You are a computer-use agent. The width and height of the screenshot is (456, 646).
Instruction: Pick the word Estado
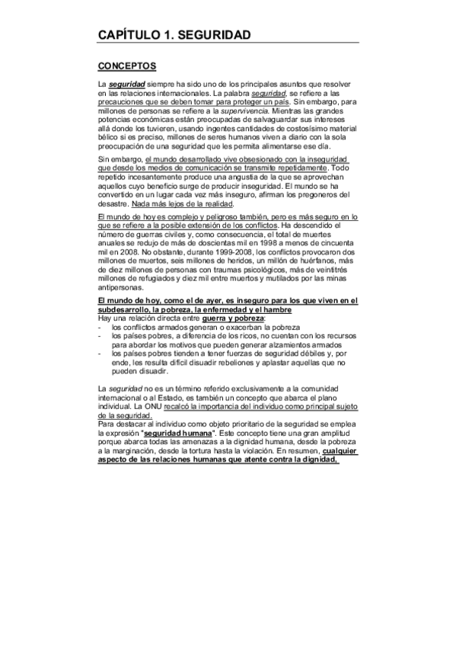click(x=174, y=400)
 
